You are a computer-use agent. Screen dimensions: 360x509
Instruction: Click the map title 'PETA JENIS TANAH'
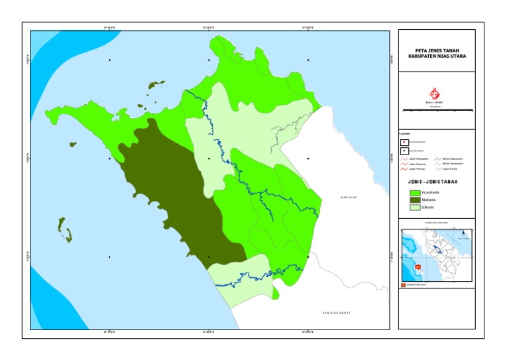437,50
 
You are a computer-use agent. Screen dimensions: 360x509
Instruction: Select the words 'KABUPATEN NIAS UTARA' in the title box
437,56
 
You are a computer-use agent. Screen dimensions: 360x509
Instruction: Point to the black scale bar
437,109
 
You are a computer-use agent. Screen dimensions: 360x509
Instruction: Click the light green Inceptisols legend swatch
415,192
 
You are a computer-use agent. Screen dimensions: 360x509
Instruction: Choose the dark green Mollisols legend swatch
415,200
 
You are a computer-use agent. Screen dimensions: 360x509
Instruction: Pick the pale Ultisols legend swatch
415,207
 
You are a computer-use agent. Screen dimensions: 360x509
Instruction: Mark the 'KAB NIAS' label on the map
349,198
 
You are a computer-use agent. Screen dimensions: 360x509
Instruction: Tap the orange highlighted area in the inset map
418,267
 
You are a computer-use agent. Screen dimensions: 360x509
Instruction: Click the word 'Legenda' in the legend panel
405,134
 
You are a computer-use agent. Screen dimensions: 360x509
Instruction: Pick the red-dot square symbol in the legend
404,142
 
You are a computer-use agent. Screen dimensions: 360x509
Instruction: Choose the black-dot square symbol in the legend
404,150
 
